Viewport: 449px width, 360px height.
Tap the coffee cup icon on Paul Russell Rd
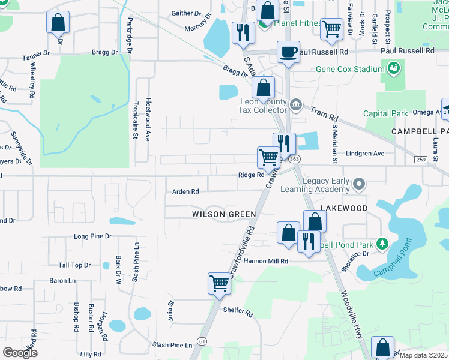click(x=288, y=52)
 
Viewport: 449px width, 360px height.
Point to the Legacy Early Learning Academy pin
click(x=360, y=183)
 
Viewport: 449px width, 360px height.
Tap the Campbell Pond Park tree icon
click(x=381, y=244)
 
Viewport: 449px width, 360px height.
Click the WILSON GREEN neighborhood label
click(x=224, y=214)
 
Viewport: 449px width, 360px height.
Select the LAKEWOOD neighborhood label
click(x=344, y=207)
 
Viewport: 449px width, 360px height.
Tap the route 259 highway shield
click(x=421, y=158)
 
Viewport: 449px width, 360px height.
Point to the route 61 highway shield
click(x=203, y=341)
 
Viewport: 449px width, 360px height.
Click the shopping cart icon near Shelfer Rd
click(x=220, y=283)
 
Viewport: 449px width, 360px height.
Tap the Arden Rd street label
click(x=185, y=192)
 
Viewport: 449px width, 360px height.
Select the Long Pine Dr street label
click(x=92, y=236)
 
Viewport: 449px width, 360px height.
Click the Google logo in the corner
click(x=20, y=352)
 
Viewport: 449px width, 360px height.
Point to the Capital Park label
click(x=385, y=113)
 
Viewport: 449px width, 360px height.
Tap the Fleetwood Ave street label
click(x=148, y=119)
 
